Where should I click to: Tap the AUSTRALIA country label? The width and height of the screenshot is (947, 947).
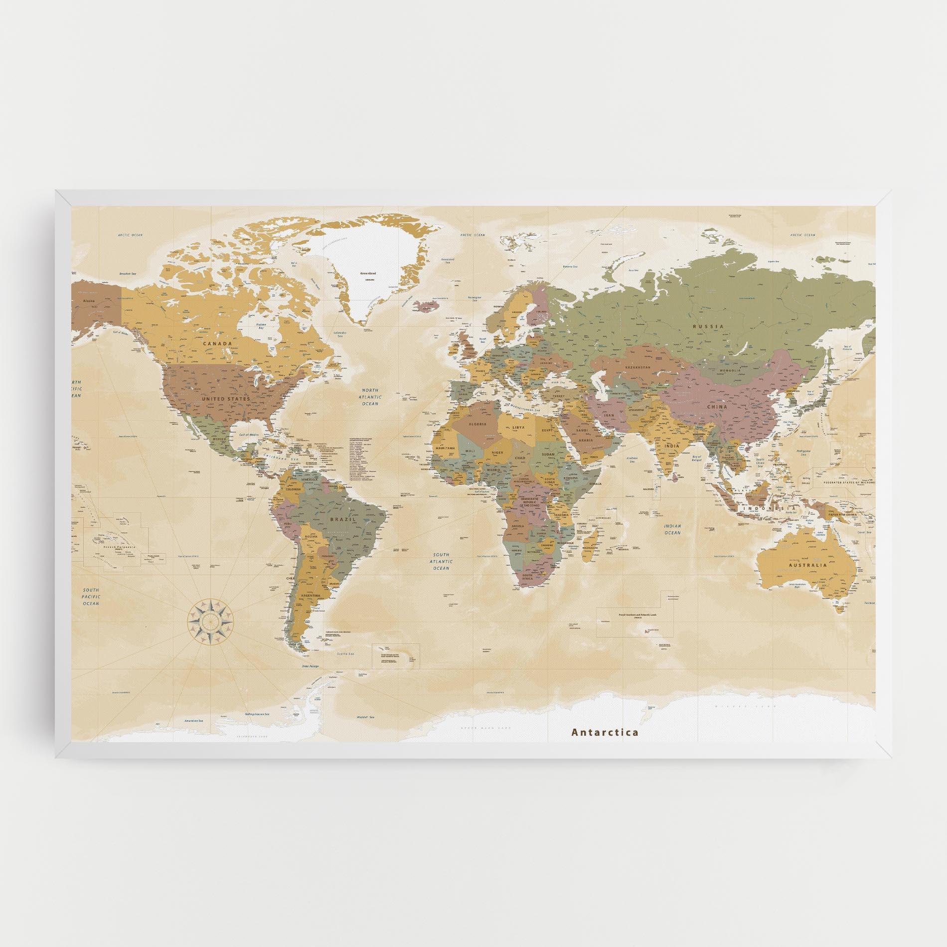(808, 565)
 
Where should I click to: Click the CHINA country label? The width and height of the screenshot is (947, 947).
(716, 407)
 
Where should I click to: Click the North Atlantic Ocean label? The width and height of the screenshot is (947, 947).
(370, 397)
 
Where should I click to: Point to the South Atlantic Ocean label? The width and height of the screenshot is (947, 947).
(441, 561)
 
